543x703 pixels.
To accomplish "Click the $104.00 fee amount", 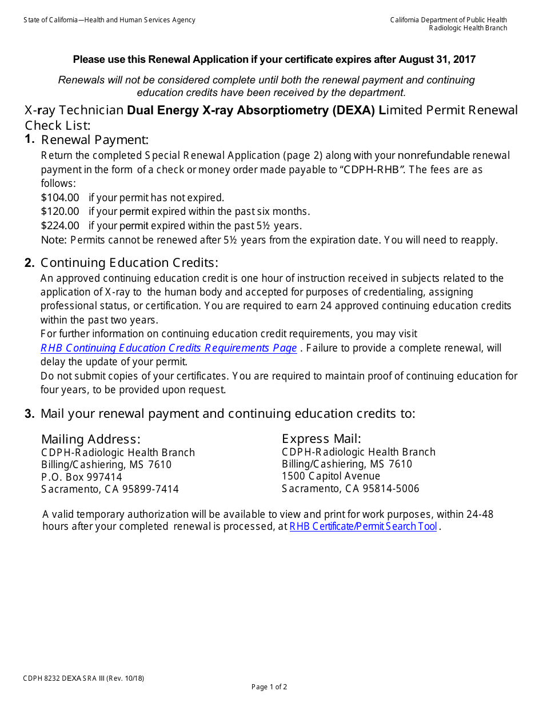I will coord(60,198).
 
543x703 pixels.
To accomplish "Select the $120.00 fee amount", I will coord(60,211).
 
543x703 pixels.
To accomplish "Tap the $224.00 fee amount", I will coord(60,226).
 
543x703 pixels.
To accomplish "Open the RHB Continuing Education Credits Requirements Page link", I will coord(169,348).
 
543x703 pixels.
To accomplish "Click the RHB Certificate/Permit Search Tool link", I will coord(363,526).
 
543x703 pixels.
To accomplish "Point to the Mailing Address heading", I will coord(90,439).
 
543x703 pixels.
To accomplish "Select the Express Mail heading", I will coord(321,438).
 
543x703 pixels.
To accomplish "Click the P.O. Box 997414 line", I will coord(81,477).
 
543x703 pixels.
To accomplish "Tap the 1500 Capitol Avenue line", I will coord(330,476).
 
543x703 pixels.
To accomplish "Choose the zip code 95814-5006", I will coord(392,489).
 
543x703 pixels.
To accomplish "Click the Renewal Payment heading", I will coord(95,140).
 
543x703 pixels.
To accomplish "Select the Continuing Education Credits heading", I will coord(129,263).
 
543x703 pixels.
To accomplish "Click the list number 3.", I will coord(30,414).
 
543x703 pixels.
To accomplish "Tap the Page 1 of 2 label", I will coord(269,687).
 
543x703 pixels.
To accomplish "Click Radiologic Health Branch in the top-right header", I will coord(468,28).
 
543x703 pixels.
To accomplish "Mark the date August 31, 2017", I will coord(437,59).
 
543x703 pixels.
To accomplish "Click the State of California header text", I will coord(109,20).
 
